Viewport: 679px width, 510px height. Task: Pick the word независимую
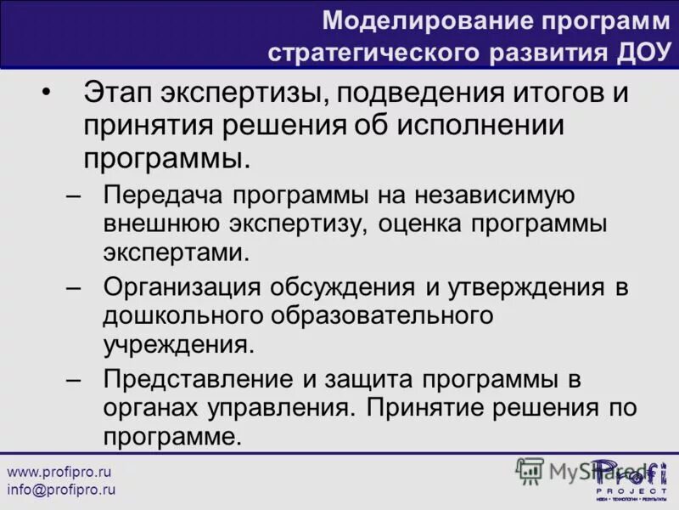pos(496,195)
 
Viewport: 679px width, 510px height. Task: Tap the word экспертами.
pos(177,253)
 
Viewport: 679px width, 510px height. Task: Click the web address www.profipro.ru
pos(59,471)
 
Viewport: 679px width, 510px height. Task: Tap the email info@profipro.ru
pos(61,490)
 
